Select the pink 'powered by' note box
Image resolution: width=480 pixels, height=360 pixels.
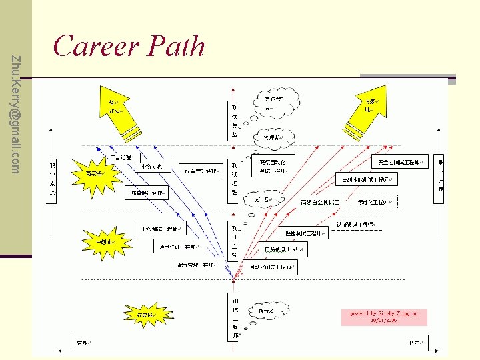tap(383, 316)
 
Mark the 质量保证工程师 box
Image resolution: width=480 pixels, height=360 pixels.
tap(146, 193)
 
